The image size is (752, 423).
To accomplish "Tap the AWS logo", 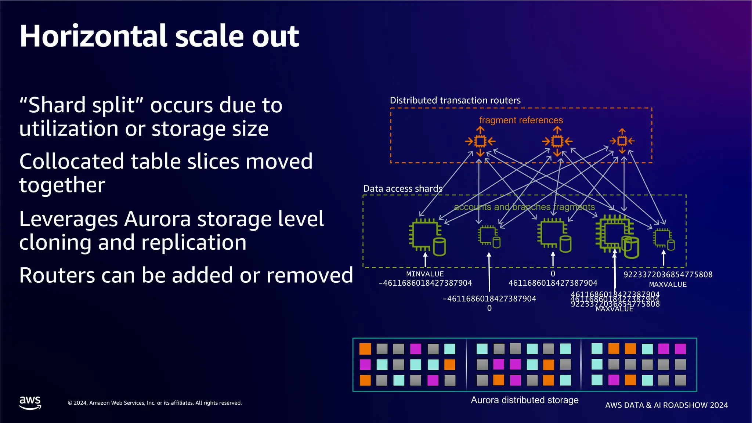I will click(30, 402).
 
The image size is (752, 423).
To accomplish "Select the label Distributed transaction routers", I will click(455, 100).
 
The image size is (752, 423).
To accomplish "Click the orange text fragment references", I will click(521, 120).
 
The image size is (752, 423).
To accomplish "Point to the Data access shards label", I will click(403, 188).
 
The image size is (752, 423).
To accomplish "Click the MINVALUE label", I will click(425, 274).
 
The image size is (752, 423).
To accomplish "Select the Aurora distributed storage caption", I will click(524, 400).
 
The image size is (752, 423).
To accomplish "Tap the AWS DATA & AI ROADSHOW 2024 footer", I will click(666, 405).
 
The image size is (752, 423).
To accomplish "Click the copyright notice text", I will click(155, 403).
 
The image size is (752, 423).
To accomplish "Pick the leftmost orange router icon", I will click(480, 141).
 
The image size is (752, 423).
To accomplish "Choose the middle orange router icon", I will click(557, 141).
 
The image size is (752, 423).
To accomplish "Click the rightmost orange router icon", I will click(622, 141).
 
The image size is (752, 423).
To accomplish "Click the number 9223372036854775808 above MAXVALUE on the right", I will click(668, 275).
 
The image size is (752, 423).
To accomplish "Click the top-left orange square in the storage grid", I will click(365, 348).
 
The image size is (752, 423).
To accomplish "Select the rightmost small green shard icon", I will click(664, 239).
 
